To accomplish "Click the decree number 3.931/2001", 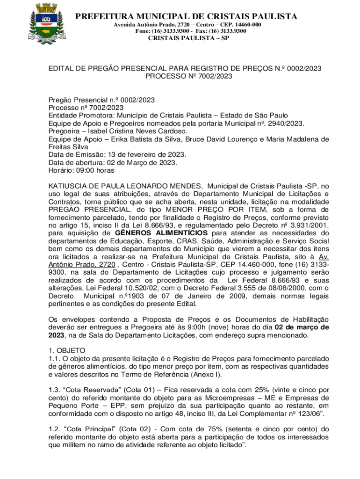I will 308,225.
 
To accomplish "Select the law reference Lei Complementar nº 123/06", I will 271,414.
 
